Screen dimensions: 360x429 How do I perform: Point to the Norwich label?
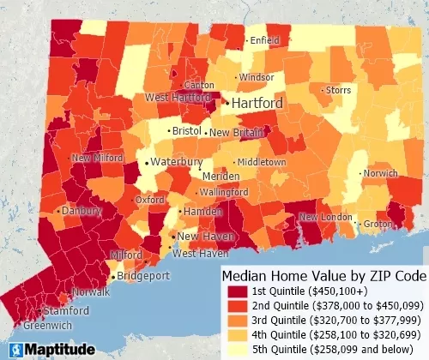pyautogui.click(x=380, y=173)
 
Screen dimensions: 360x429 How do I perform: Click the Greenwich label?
pyautogui.click(x=23, y=326)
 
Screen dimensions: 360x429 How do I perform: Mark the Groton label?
pyautogui.click(x=378, y=224)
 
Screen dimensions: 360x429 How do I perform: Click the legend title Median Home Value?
pyautogui.click(x=323, y=276)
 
